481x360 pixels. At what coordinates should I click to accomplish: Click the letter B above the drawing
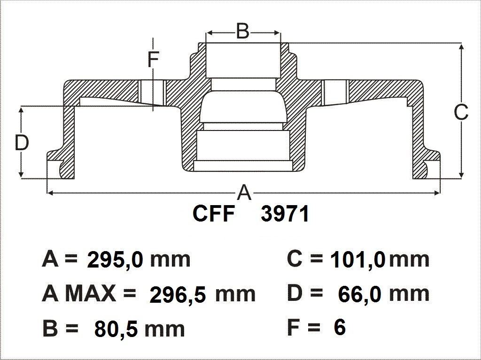(243, 31)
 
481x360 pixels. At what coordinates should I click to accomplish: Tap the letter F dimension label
(153, 60)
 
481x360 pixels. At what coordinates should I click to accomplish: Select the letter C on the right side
(461, 112)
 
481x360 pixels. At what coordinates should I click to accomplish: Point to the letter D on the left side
(22, 143)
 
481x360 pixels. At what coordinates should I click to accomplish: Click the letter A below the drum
(244, 192)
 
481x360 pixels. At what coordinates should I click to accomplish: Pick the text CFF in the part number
(214, 214)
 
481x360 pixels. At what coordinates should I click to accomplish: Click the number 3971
(285, 214)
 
